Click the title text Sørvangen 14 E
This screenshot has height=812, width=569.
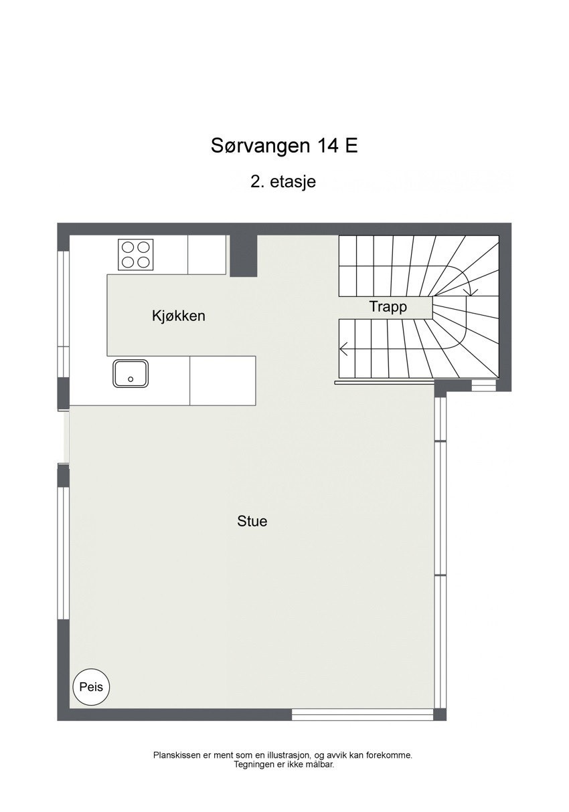click(x=284, y=146)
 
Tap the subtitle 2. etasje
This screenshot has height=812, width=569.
click(x=282, y=181)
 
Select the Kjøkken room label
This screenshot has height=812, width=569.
click(x=178, y=316)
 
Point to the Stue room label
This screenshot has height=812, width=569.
click(x=252, y=521)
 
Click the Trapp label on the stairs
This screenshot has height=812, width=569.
click(x=388, y=307)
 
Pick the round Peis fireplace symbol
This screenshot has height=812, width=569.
click(x=91, y=687)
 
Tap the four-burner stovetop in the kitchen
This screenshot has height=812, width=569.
click(x=136, y=254)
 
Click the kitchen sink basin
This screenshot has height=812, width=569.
click(x=131, y=373)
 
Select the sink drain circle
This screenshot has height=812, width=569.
click(x=131, y=379)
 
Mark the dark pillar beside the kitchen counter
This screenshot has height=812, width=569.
click(x=243, y=256)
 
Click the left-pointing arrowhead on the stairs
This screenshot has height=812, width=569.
click(x=343, y=348)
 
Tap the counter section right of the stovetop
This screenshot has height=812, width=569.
click(x=206, y=254)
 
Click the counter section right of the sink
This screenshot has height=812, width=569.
click(x=223, y=381)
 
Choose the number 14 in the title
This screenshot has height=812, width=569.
click(x=328, y=146)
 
